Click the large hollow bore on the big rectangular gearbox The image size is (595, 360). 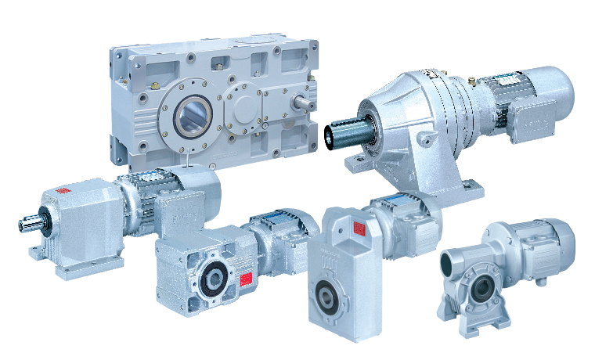[x=191, y=118]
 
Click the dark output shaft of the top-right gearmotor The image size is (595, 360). [x=351, y=132]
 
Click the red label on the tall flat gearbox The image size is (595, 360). [x=360, y=228]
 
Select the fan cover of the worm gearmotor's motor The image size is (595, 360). [x=562, y=243]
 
